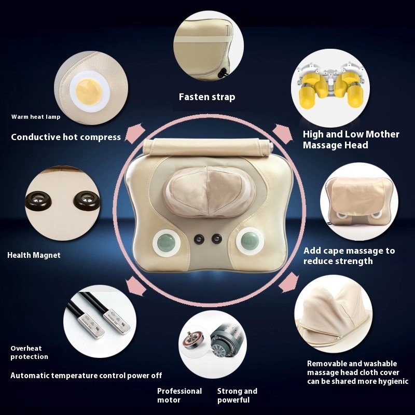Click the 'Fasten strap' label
207,97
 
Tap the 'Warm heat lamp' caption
36,117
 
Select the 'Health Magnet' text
34,255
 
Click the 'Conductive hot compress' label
66,137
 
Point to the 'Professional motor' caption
179,395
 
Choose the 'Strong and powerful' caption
237,395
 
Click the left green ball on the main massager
167,243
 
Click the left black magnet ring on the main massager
199,239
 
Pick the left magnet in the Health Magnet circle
37,201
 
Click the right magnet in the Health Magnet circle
87,199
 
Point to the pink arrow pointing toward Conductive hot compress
135,133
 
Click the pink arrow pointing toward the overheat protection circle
135,286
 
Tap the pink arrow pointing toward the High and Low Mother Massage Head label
282,133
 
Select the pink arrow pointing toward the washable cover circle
288,282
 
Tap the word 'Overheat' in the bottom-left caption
26,348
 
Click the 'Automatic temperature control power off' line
86,376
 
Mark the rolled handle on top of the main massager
208,146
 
